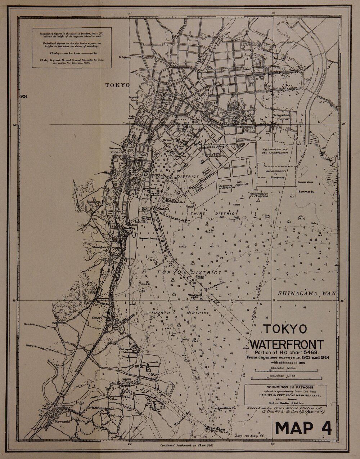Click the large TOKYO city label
[x=117, y=85]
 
